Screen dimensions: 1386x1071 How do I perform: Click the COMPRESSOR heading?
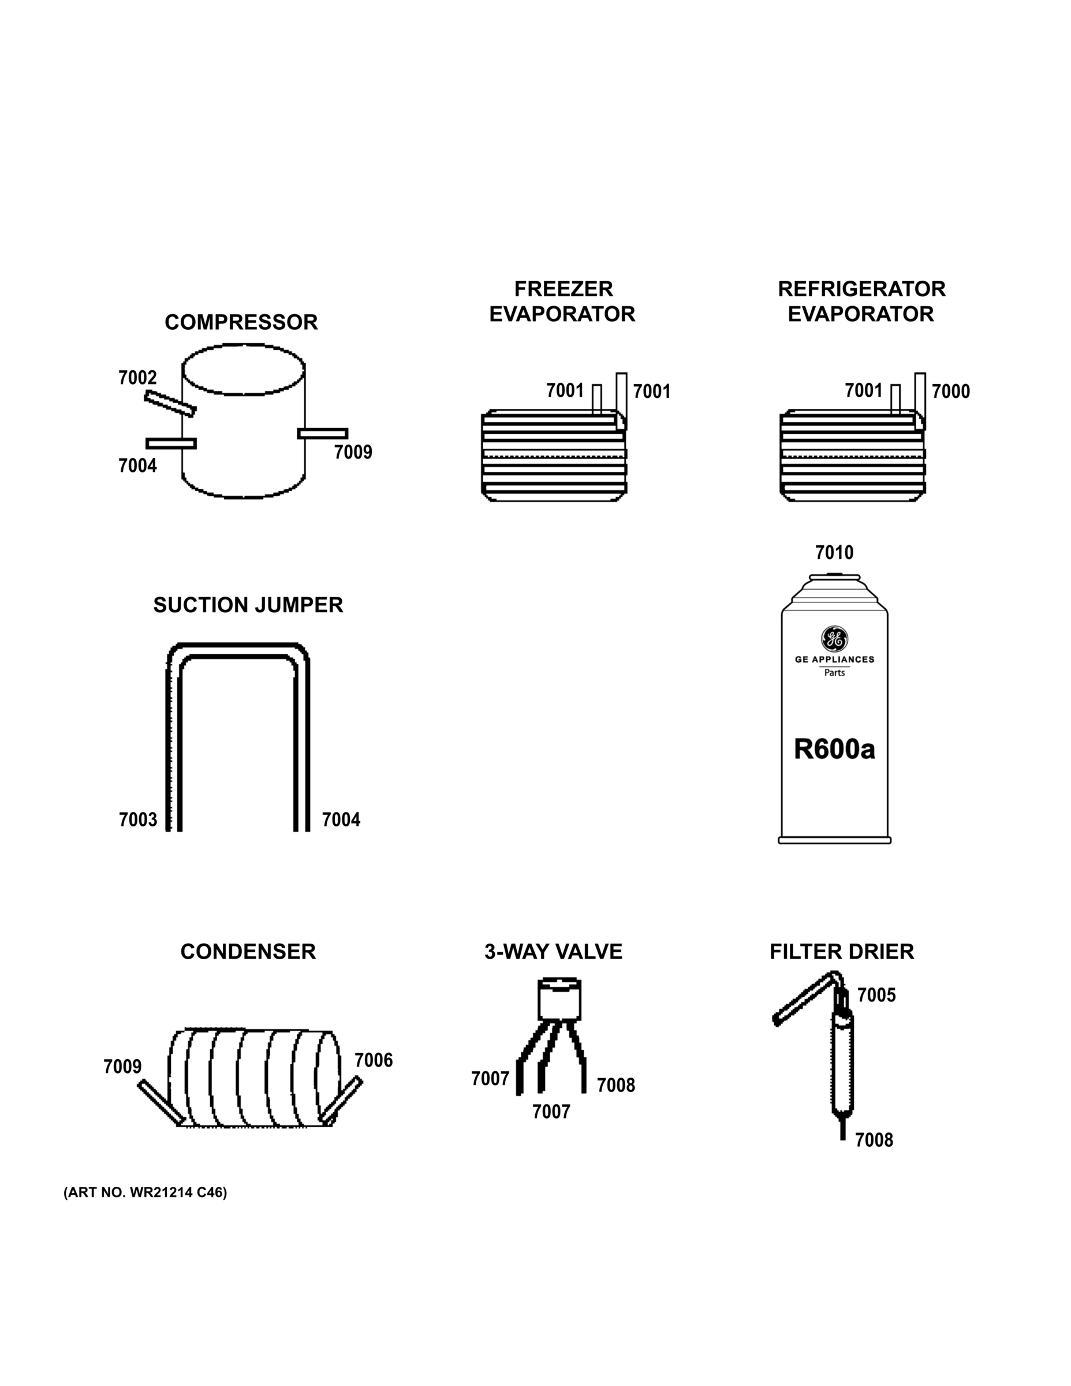point(241,322)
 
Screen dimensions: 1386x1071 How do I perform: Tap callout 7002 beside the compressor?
point(137,378)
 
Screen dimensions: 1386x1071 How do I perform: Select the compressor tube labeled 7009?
point(322,434)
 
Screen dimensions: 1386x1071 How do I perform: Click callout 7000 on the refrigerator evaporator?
point(950,392)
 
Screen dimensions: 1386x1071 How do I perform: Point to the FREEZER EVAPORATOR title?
point(562,301)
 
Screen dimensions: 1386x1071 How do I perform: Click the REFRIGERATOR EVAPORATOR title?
point(861,301)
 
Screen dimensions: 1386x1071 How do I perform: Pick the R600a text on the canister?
point(834,750)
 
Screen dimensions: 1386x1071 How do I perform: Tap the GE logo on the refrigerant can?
point(834,638)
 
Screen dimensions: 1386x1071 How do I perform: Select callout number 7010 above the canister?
point(834,553)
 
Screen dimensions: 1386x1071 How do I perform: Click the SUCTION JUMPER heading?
point(248,605)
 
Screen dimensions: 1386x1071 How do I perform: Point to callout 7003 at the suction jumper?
point(137,820)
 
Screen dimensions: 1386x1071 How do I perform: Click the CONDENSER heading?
point(248,952)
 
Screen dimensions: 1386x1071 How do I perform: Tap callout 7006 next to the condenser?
point(373,1060)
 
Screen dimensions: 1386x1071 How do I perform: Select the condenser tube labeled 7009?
point(161,1102)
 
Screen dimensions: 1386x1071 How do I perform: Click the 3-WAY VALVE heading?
point(553,952)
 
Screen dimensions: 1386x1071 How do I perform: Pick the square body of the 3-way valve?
point(559,1000)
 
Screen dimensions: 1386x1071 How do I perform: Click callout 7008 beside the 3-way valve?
point(615,1085)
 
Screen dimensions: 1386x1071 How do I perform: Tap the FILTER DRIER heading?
point(841,952)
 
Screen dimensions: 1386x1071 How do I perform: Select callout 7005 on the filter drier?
point(876,995)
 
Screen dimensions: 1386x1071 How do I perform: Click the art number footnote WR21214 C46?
point(145,1193)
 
